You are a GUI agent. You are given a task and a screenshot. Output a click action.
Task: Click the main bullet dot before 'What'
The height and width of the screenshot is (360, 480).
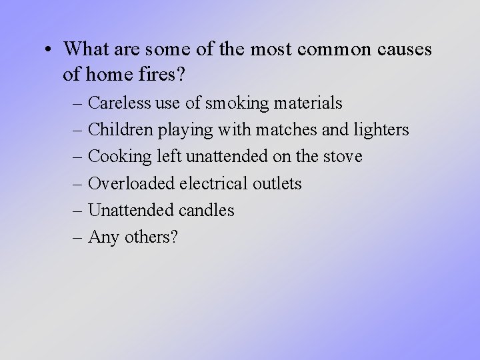click(x=51, y=50)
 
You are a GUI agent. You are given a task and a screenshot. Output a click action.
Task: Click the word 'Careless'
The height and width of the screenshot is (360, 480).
click(x=119, y=103)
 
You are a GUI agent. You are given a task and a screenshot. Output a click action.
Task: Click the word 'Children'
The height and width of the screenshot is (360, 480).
click(x=119, y=130)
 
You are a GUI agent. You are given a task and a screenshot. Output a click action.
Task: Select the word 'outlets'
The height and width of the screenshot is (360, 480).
click(x=277, y=183)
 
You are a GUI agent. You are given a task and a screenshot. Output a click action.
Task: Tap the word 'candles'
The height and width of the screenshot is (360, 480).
click(x=207, y=210)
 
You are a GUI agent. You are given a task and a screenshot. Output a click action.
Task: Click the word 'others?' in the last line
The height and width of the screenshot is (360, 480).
click(x=151, y=237)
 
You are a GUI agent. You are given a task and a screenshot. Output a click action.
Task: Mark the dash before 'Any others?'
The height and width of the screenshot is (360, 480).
click(x=79, y=237)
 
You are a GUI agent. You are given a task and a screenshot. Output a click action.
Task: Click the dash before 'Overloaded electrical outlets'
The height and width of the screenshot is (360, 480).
click(x=79, y=183)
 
